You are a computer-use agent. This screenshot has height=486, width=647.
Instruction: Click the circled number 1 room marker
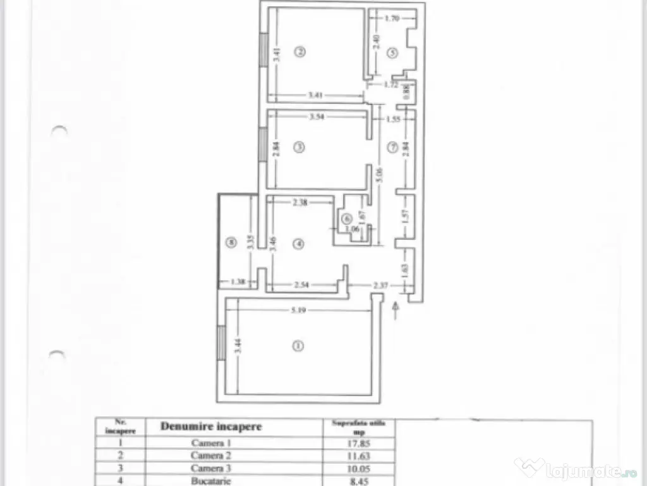coord(298,346)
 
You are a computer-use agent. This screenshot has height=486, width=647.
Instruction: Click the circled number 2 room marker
coord(301,52)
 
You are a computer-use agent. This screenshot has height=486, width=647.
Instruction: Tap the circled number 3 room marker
coord(299,147)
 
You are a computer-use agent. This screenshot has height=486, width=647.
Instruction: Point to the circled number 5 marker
coord(392,54)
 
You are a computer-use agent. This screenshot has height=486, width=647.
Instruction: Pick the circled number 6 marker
coord(346,218)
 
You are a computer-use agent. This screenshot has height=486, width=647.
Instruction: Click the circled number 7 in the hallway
coord(392,148)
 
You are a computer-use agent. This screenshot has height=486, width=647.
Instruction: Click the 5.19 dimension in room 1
coord(299,310)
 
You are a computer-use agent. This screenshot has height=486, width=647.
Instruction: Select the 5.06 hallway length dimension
coord(378,174)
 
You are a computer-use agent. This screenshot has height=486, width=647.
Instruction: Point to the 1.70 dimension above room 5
coord(392,19)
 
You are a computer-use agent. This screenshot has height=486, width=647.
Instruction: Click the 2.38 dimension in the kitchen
coord(300,203)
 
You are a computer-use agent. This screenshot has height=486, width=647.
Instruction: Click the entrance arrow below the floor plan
coord(396,310)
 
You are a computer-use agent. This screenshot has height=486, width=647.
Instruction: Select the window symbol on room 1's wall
coord(221,343)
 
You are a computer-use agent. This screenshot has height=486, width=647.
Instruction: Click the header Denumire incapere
coord(211,427)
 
